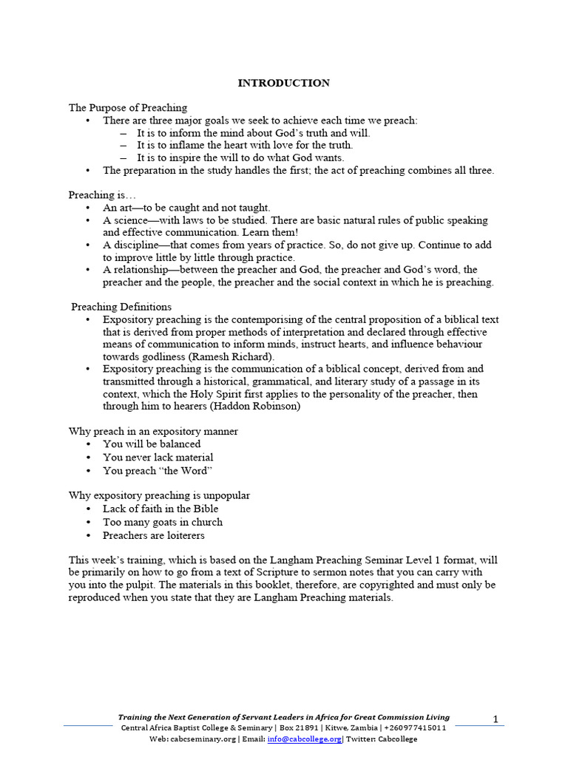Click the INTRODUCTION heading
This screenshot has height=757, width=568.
pyautogui.click(x=283, y=83)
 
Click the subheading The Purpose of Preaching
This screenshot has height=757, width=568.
pyautogui.click(x=128, y=108)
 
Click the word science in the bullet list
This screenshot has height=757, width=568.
pyautogui.click(x=131, y=220)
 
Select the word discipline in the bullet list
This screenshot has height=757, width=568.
pyautogui.click(x=138, y=245)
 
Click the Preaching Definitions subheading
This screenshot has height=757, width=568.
pyautogui.click(x=121, y=306)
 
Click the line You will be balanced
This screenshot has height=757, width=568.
pyautogui.click(x=152, y=444)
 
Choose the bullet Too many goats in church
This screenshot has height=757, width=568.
pyautogui.click(x=162, y=522)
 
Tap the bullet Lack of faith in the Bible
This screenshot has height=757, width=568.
pyautogui.click(x=160, y=509)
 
